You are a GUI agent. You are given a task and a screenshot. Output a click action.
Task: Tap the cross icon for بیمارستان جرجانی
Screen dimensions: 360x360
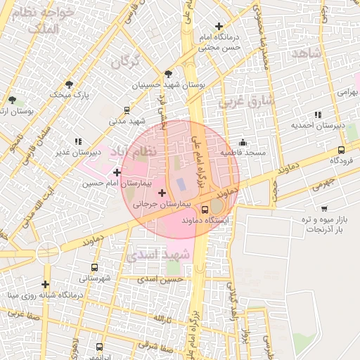click(x=162, y=193)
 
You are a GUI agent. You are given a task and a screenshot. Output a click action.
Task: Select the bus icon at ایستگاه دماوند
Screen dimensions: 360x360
click(x=205, y=209)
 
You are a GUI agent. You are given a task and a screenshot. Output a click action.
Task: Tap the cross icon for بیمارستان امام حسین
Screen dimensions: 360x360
click(x=117, y=172)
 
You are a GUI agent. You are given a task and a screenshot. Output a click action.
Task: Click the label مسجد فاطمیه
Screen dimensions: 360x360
click(x=243, y=152)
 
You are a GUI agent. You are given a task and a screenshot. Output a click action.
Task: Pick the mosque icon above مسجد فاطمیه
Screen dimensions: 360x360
click(x=243, y=142)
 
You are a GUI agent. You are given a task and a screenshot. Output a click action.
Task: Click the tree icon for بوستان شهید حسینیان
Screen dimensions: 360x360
click(x=167, y=73)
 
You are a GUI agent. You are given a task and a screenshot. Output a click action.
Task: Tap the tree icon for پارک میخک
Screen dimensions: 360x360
click(x=68, y=84)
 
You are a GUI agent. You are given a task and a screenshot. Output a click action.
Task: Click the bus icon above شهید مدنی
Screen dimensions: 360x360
click(x=127, y=110)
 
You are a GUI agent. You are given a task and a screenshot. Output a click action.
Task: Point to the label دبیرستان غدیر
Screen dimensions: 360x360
click(x=79, y=151)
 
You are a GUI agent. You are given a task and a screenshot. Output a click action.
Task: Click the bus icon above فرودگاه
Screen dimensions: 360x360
click(x=341, y=150)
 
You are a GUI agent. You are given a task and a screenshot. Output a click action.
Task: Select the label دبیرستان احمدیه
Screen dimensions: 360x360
click(x=318, y=125)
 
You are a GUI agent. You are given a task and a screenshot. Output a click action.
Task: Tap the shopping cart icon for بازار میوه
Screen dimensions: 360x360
click(x=324, y=208)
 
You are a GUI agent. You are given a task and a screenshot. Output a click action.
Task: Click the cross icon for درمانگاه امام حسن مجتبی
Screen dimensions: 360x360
click(x=219, y=26)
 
